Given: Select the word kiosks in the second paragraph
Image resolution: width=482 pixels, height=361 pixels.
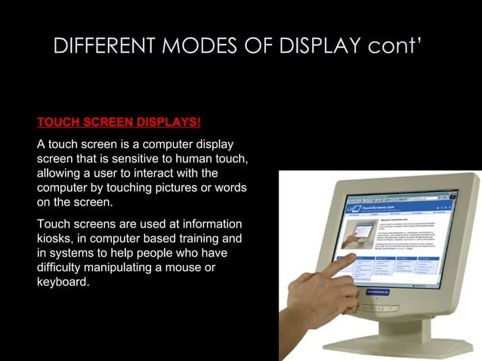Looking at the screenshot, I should [54, 239].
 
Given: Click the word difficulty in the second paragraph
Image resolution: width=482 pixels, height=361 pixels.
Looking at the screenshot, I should [61, 268].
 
